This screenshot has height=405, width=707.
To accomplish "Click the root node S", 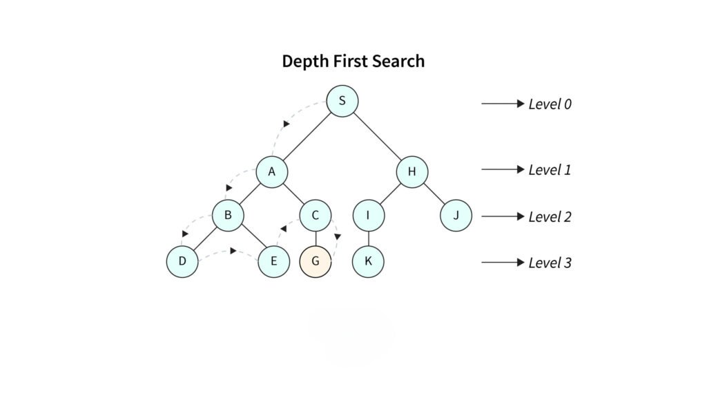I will [342, 102].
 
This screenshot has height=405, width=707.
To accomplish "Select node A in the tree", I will [272, 172].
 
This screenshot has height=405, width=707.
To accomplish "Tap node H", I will [411, 172].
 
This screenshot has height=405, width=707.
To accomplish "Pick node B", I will [228, 216].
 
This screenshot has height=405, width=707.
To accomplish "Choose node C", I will [316, 216].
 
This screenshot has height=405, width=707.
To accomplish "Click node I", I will [368, 216].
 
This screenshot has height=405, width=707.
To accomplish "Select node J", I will [456, 216].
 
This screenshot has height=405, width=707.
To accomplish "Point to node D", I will [182, 261].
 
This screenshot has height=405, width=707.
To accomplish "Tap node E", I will [274, 261].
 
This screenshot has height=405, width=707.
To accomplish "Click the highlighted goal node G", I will [316, 261].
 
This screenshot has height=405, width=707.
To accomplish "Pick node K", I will [368, 261].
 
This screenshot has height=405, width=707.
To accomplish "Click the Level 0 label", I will [550, 104].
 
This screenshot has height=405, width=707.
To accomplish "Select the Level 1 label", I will [550, 170].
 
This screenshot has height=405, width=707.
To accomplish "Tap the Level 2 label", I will [550, 217].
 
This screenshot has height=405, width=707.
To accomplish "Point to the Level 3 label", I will [550, 263].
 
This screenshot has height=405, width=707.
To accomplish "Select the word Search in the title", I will [398, 62].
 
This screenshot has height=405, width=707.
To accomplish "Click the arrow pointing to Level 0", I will [503, 104].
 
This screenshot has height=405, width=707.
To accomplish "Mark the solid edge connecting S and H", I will [377, 137].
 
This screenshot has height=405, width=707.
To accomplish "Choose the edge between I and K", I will [368, 238].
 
